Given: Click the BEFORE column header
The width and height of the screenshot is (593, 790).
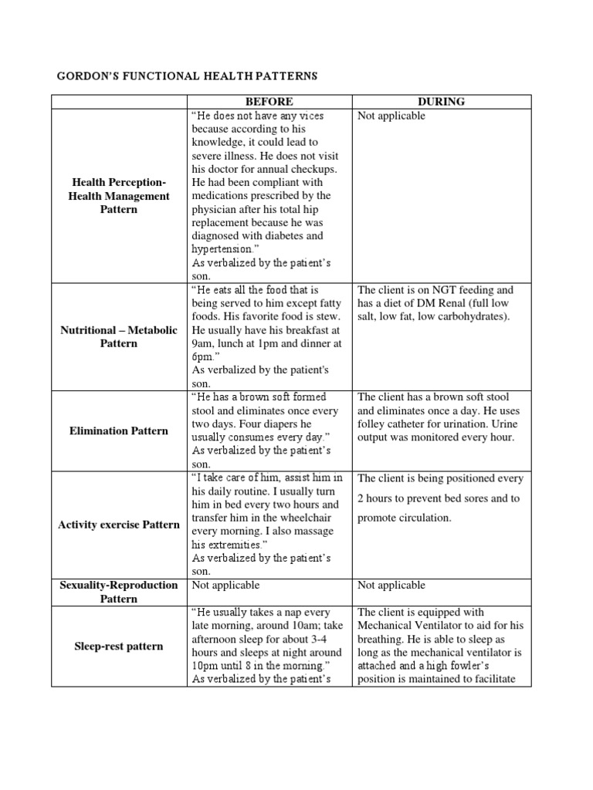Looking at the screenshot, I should click(x=269, y=102).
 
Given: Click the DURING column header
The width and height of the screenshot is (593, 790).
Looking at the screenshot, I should click(x=441, y=102).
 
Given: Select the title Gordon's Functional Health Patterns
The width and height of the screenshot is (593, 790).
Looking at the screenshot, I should click(x=188, y=76).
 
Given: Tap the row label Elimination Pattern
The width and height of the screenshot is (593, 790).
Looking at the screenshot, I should click(x=119, y=430).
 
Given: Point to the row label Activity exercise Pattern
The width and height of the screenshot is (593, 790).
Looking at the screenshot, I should click(x=119, y=525).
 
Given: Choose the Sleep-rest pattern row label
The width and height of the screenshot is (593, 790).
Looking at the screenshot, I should click(x=119, y=646).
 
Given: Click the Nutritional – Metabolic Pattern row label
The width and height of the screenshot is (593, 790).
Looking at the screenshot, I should click(x=119, y=336).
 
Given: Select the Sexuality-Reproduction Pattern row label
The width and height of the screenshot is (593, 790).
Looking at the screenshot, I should click(x=119, y=592).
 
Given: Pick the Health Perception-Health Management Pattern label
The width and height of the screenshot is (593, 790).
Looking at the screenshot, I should click(x=119, y=195).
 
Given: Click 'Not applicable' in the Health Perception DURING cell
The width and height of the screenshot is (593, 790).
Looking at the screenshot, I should click(x=391, y=116).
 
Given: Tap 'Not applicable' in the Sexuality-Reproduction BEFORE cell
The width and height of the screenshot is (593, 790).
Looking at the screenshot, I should click(x=225, y=586).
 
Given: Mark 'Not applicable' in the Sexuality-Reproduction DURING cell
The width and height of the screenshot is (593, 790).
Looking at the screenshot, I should click(x=391, y=586).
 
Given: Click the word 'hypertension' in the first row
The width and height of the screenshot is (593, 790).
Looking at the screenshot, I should click(x=222, y=249).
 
